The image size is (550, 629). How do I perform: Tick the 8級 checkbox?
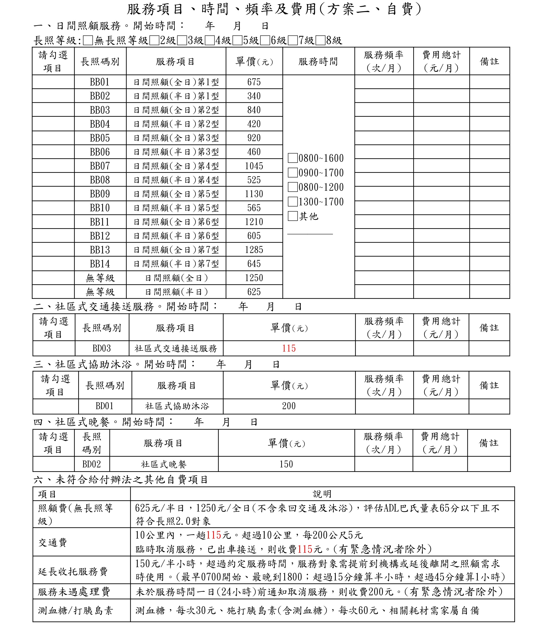pos(321,41)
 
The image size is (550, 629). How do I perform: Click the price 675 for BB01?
pos(254,82)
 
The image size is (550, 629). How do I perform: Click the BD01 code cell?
pos(105,406)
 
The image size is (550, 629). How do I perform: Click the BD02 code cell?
pos(91,464)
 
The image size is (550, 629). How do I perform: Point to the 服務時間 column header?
pos(318,61)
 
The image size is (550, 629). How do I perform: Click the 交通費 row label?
pos(53,543)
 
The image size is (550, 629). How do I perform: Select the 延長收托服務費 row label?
pos(73,571)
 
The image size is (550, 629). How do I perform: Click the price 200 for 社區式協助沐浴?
pos(289,406)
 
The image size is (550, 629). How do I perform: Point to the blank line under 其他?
pos(310,234)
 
